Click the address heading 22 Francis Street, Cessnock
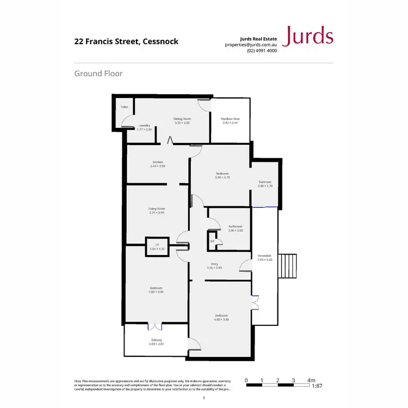point(126,41)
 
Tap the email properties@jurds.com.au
point(251,45)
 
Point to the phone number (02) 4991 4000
point(262,51)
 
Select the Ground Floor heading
point(98,73)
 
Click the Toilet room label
point(124,107)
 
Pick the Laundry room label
point(144,125)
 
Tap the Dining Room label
point(182,119)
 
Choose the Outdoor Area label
point(230,119)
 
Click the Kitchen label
point(158,162)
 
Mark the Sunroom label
point(265,182)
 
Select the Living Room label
point(157,208)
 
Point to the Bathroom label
point(236,226)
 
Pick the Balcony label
point(157,340)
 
